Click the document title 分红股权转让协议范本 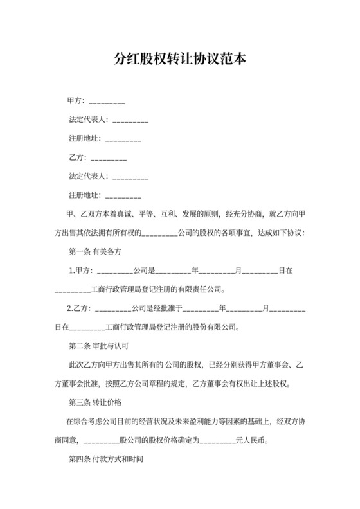(x=179, y=60)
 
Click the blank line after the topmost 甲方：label (x=107, y=103)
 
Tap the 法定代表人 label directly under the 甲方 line (x=88, y=120)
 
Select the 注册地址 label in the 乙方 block (x=84, y=194)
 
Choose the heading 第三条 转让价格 (x=95, y=402)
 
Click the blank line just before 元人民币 (x=219, y=442)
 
